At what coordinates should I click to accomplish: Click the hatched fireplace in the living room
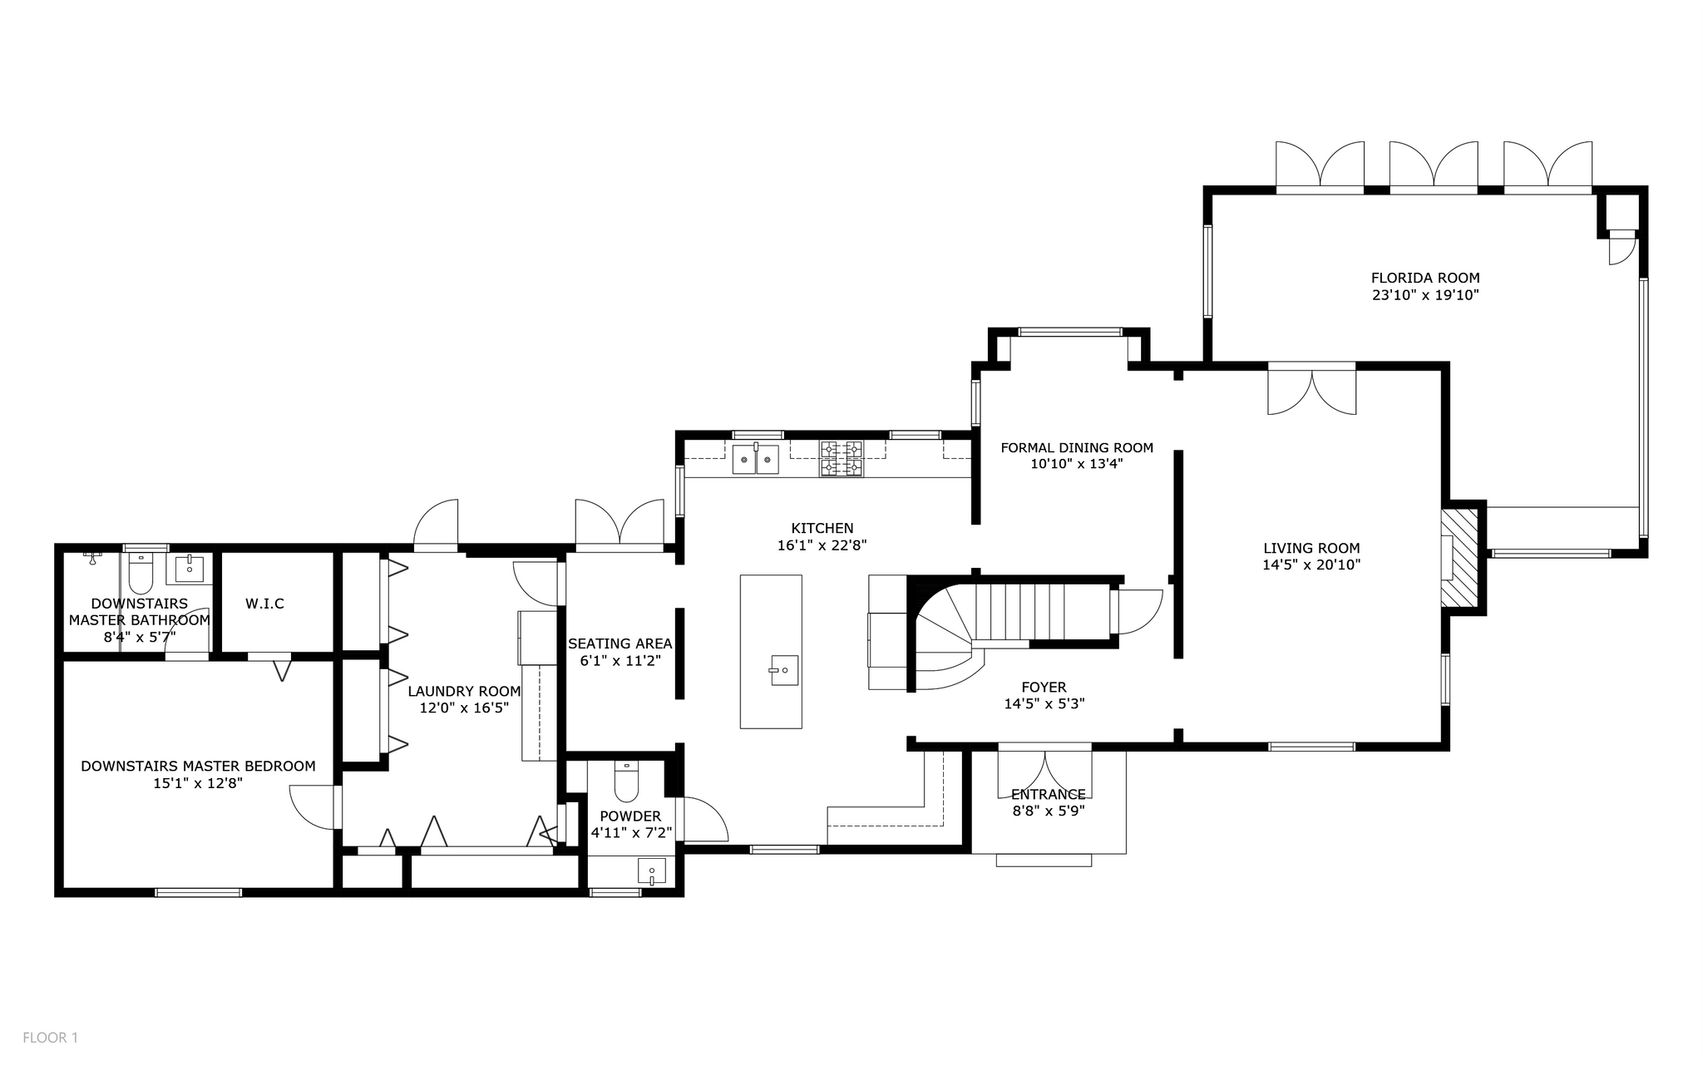coord(1459,557)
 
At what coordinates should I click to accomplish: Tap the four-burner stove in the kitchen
coord(842,459)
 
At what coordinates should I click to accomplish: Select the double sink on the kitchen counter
coord(755,459)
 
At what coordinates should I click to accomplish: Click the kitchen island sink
coord(783,670)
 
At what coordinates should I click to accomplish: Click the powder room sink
coord(652,872)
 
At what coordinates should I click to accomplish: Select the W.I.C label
coord(264,604)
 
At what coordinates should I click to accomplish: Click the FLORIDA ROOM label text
coord(1424,278)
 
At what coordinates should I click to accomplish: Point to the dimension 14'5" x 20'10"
coord(1311,565)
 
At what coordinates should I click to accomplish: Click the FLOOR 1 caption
coord(50,1038)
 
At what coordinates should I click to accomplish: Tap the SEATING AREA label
coord(619,643)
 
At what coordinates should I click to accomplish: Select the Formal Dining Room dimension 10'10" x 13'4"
coord(1076,464)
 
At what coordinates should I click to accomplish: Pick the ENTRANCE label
coord(1048,794)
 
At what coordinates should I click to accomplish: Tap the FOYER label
coord(1044,687)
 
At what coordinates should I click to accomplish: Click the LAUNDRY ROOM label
coord(464,691)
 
